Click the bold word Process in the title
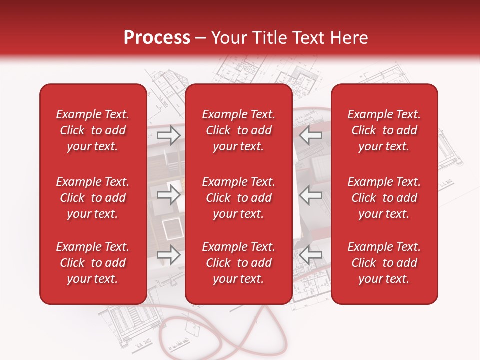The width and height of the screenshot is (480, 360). (157, 38)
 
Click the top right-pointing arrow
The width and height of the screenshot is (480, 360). (168, 135)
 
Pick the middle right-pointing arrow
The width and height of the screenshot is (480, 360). (168, 195)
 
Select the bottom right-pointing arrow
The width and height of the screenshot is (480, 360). (168, 254)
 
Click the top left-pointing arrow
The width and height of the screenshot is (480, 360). (311, 135)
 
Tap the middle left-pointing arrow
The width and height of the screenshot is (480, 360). (311, 195)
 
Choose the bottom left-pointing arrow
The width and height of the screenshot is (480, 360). (311, 254)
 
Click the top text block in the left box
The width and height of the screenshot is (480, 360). (93, 130)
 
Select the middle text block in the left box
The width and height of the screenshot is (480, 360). (93, 198)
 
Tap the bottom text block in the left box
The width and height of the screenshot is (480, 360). (93, 263)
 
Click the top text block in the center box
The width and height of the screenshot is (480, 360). (239, 130)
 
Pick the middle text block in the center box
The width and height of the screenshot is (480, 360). (239, 198)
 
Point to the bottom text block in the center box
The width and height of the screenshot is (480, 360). (239, 263)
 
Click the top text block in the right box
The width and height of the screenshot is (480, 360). (384, 130)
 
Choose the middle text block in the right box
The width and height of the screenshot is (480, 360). (384, 198)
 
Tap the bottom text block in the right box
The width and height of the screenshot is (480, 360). (384, 263)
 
